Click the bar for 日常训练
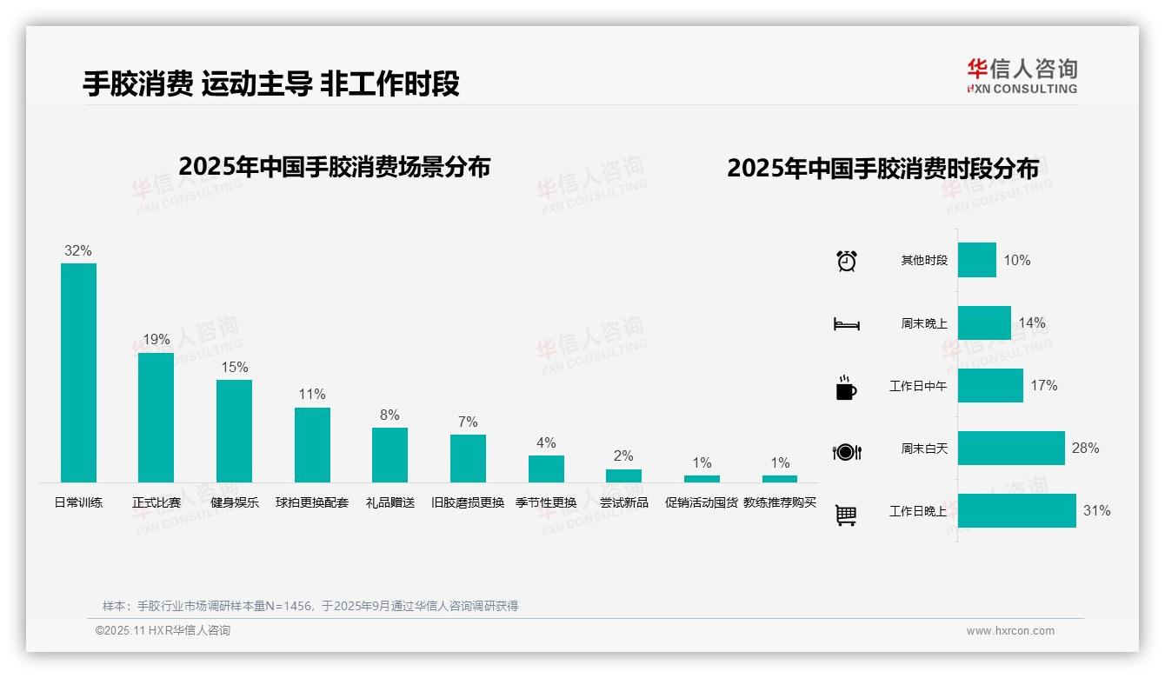78,372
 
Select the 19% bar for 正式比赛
156,417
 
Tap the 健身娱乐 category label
235,502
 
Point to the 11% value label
311,394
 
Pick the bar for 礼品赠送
389,455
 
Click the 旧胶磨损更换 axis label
468,502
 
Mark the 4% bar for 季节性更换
546,469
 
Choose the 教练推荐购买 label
780,502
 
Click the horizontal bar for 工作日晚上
1017,510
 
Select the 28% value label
1085,448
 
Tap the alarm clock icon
847,261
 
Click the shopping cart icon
846,515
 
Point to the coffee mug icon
846,388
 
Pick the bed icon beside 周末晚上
846,324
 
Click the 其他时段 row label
924,260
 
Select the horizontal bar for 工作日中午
990,385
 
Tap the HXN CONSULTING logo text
1022,89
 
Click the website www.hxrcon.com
1010,631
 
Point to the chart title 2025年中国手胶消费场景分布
335,167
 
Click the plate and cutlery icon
846,451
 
